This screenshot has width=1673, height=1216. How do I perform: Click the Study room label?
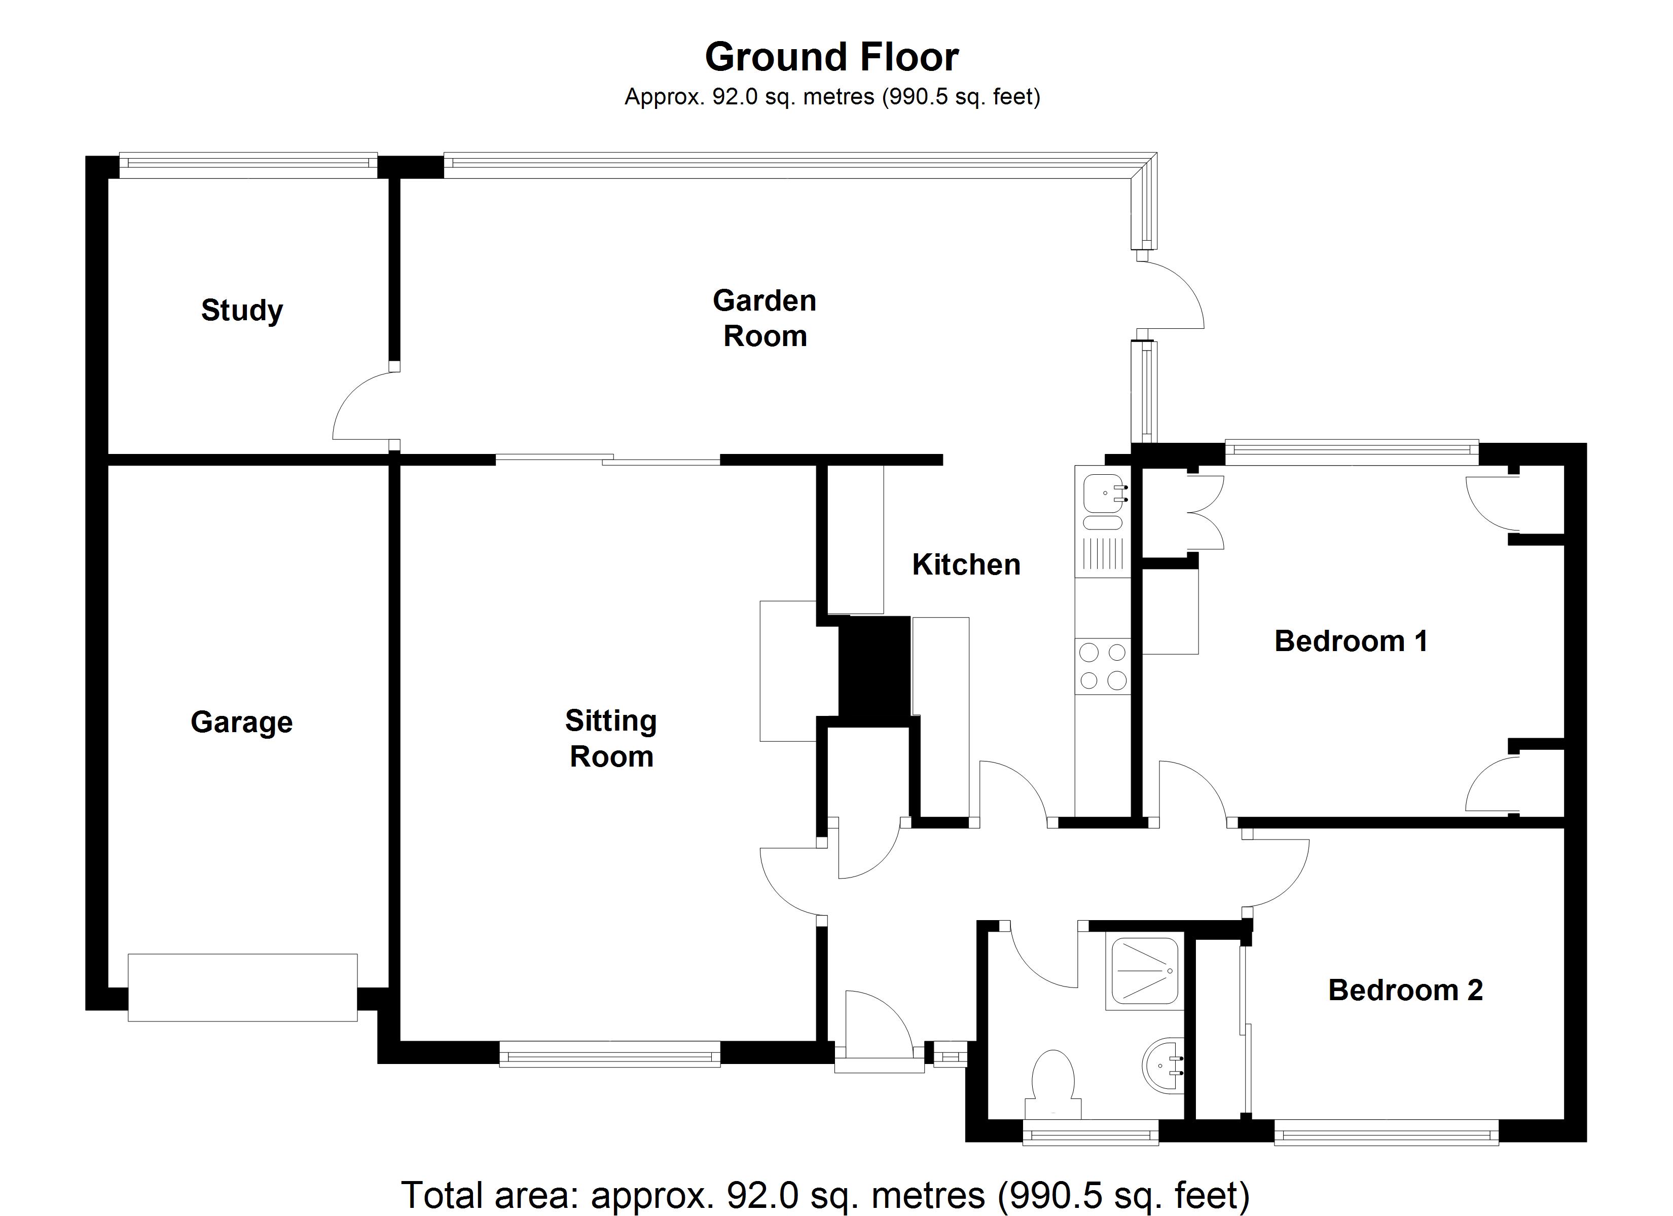tap(242, 311)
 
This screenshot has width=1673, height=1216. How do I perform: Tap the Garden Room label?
tap(764, 319)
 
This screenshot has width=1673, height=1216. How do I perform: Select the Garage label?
tap(241, 722)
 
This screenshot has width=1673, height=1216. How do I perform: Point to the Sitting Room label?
tap(611, 738)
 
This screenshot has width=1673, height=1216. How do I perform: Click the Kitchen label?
tap(966, 565)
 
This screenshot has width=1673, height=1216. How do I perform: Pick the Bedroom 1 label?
tap(1351, 641)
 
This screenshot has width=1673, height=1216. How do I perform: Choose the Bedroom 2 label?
tap(1405, 991)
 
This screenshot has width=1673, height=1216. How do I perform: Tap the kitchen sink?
tap(1102, 492)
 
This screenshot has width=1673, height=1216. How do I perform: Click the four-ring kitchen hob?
tap(1103, 666)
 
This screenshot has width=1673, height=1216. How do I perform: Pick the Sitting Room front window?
tap(609, 1054)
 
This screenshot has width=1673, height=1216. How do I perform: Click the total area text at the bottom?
tap(825, 1195)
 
